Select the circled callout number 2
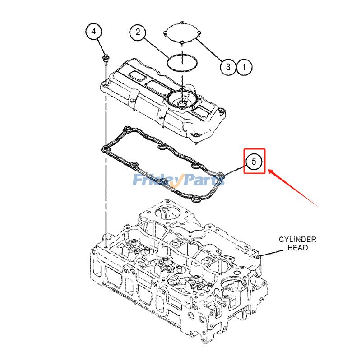point(139,32)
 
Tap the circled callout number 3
point(228,67)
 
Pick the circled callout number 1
point(244,67)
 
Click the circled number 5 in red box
point(254,161)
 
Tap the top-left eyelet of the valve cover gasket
point(127,130)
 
